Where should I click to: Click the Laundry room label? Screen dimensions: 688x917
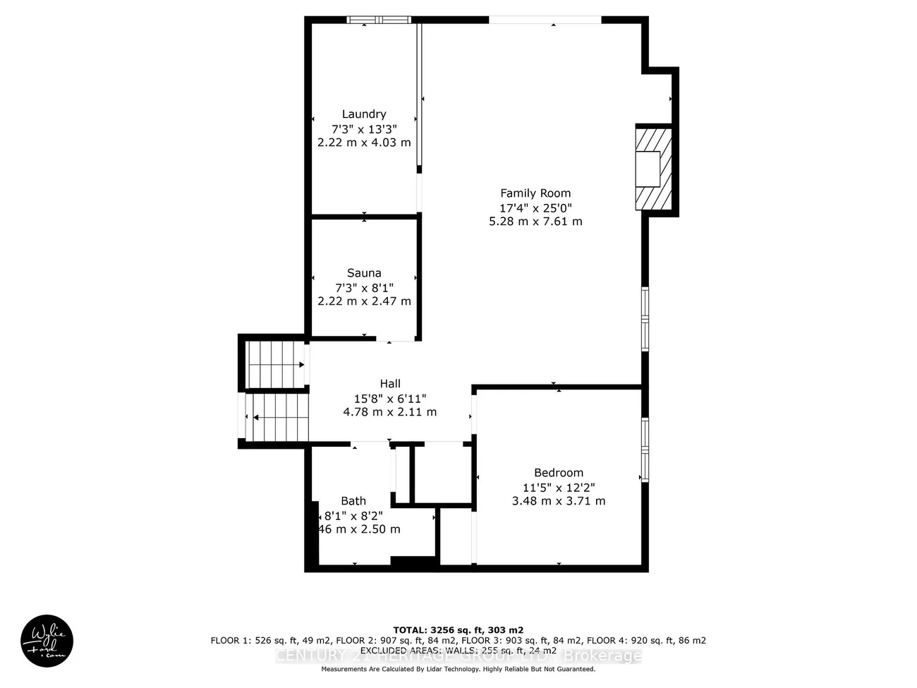pos(364,114)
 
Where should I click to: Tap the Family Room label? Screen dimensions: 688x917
pos(535,193)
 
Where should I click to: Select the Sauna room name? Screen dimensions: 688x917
pos(364,273)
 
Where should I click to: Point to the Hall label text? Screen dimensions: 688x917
pos(390,384)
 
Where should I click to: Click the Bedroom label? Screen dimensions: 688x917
pos(558,473)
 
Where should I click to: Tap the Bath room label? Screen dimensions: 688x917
pos(353,501)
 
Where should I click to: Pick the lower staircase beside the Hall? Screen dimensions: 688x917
pos(279,417)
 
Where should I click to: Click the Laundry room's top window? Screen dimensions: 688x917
pos(379,20)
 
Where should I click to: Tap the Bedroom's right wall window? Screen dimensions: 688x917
pos(645,449)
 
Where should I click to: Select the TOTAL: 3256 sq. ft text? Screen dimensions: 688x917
pos(458,630)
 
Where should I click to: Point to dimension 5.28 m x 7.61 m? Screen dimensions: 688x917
pos(535,222)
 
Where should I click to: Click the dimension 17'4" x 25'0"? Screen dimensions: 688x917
pos(535,208)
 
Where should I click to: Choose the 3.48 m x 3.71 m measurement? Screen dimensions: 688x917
pos(558,501)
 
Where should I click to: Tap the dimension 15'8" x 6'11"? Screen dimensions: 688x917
pos(390,399)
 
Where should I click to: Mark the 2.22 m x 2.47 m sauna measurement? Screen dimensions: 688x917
pos(364,301)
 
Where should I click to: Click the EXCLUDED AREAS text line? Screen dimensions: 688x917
pos(458,651)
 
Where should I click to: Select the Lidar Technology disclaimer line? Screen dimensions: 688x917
pos(458,669)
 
